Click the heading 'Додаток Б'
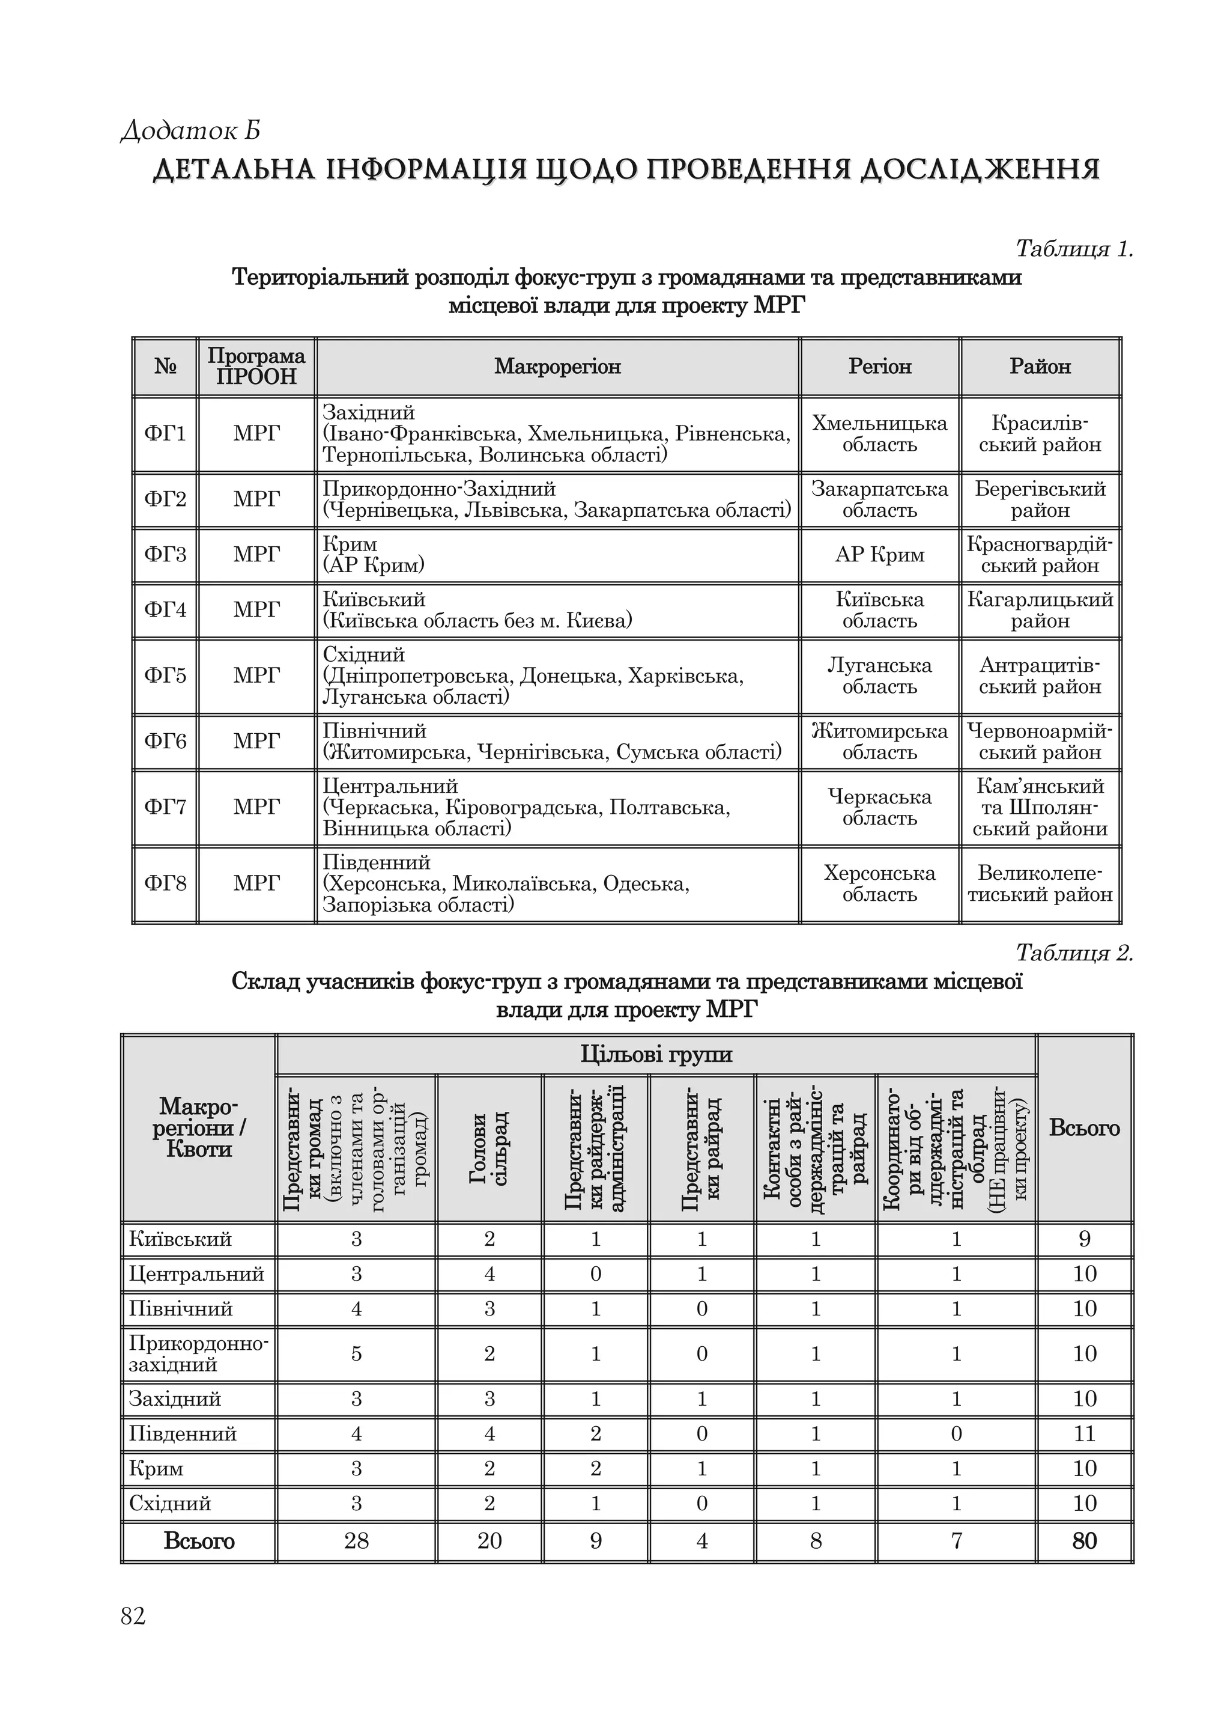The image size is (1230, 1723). pos(191,130)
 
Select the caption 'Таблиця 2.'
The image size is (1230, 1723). pos(1073,953)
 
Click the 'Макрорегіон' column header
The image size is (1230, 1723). pos(557,367)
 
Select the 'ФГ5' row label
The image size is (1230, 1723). pos(165,676)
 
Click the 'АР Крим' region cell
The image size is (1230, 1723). pos(879,555)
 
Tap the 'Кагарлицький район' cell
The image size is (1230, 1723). pos(1040,610)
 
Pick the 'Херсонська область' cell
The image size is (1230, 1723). pos(879,883)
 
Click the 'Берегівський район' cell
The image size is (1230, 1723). pos(1040,499)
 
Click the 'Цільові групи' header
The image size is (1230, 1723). pos(656,1055)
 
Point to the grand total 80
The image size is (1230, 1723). pos(1085,1541)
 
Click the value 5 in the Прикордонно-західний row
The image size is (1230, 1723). pos(357,1354)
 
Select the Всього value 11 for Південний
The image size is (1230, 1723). pos(1085,1433)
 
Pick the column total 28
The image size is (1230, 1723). pos(357,1541)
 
